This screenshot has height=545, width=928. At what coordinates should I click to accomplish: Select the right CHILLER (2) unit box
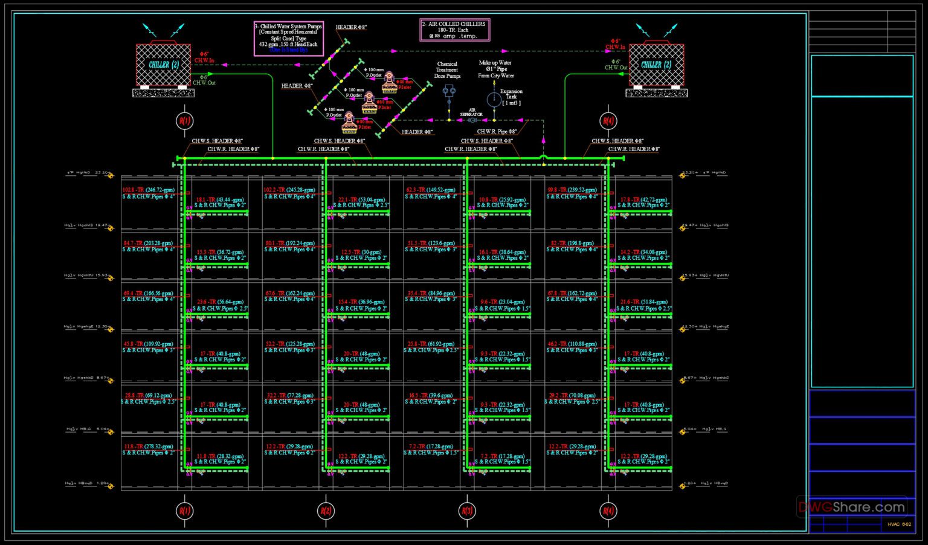point(656,65)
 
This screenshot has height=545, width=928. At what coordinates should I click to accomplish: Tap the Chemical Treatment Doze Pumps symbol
point(448,91)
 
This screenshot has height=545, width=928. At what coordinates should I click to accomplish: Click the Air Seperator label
point(471,112)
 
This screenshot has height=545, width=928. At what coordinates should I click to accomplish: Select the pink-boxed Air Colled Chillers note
point(454,30)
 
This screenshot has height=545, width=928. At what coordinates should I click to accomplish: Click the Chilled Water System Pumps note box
point(288,38)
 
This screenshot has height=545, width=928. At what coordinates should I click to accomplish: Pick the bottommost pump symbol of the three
point(349,123)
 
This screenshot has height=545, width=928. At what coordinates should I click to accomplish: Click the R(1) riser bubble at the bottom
point(184,511)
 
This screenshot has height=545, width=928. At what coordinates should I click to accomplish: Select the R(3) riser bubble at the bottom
point(466,511)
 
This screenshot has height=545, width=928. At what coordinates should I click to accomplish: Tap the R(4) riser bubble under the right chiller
point(607,120)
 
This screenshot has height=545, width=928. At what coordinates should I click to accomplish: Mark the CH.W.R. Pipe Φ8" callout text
point(497,131)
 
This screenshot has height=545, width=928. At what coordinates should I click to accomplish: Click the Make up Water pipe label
point(495,69)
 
